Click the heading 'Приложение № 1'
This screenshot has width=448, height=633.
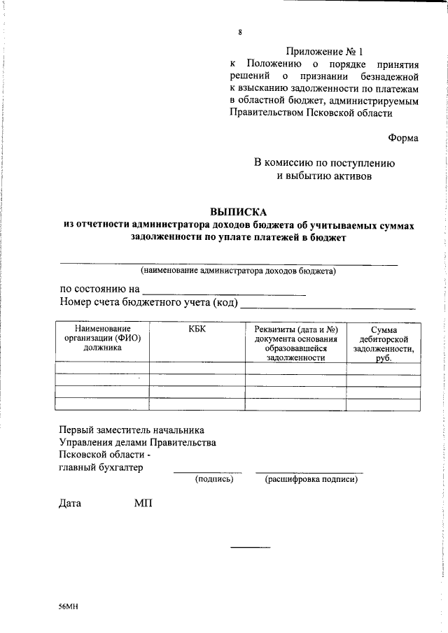pos(325,51)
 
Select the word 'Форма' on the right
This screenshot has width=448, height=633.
pos(403,138)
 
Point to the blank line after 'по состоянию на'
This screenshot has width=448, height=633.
pos(224,294)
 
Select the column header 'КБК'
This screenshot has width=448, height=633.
pos(197,329)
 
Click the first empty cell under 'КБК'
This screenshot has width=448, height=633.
pos(197,369)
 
